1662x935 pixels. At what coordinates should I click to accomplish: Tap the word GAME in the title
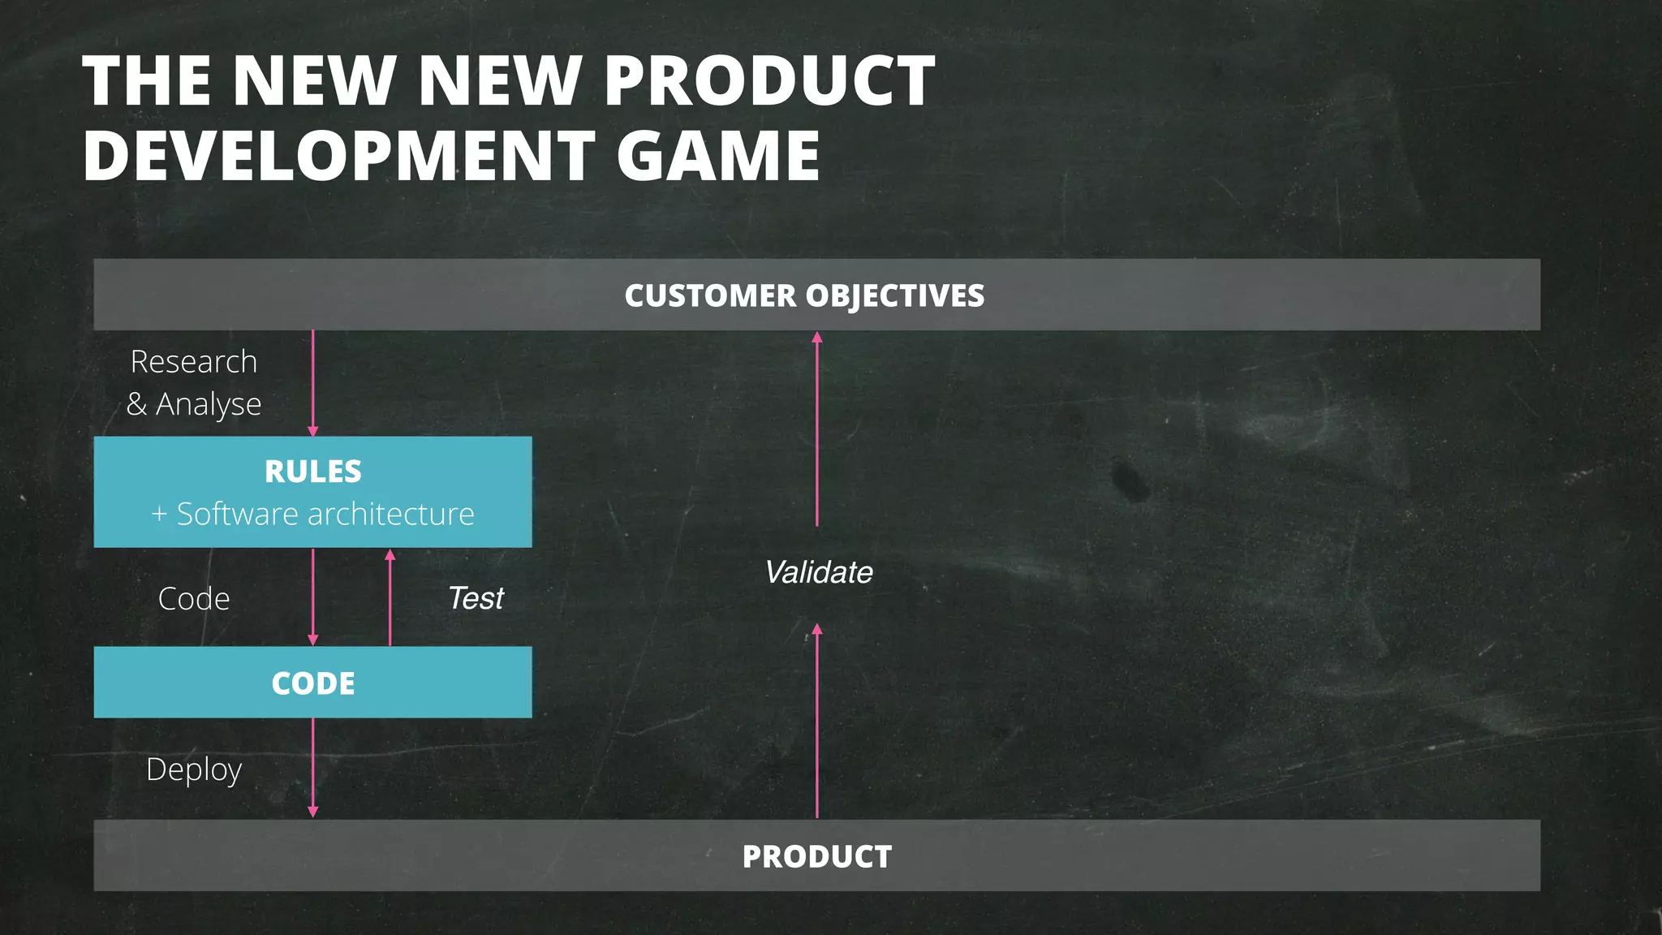coord(718,155)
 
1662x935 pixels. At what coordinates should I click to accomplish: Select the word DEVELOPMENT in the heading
coord(339,155)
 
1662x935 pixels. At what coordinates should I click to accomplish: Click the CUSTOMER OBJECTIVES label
coord(804,295)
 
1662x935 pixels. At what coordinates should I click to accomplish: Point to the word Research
coord(194,362)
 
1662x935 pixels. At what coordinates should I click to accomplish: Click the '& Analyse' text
coord(194,404)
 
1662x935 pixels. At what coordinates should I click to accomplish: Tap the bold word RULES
coord(313,472)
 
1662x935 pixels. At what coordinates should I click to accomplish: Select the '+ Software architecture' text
coord(313,515)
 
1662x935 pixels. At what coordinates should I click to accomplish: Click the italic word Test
coord(476,599)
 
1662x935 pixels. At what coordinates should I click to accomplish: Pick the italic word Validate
coord(818,573)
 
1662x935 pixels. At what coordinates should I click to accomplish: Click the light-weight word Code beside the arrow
coord(194,599)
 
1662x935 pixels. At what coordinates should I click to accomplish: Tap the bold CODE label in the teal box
coord(313,683)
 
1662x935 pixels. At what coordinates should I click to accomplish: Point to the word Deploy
coord(194,769)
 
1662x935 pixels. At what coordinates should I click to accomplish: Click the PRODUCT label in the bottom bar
coord(816,857)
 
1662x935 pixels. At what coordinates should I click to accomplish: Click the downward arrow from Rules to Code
coord(313,597)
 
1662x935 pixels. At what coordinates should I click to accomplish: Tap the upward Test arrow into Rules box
coord(390,597)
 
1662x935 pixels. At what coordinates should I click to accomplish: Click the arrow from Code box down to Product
coord(313,768)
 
